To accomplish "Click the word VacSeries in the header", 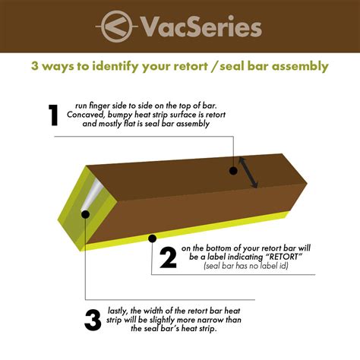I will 201,27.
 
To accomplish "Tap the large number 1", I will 53,115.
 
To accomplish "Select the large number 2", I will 169,258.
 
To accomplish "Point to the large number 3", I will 93,320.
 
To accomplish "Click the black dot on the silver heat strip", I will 85,214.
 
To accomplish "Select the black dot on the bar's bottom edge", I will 153,238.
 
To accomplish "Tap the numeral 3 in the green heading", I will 36,66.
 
